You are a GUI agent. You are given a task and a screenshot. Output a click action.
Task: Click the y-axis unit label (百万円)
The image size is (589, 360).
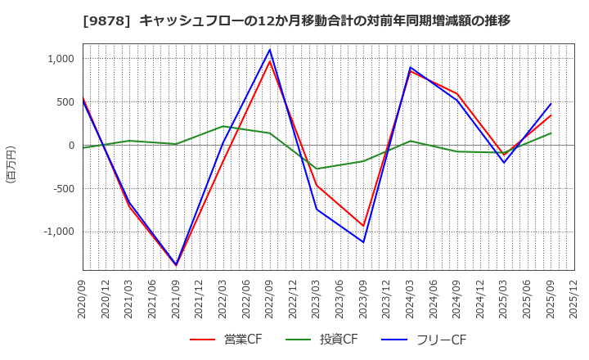click(x=11, y=164)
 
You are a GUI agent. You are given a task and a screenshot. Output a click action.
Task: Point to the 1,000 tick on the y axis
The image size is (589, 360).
click(x=61, y=59)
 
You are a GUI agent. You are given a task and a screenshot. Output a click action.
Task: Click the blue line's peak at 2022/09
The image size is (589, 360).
click(x=270, y=50)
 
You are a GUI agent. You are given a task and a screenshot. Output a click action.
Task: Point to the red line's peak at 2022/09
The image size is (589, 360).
click(x=270, y=61)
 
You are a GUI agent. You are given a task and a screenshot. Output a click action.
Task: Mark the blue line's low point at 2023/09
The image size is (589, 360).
click(x=364, y=242)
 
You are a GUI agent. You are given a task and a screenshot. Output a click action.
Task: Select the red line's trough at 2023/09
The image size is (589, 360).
click(x=364, y=226)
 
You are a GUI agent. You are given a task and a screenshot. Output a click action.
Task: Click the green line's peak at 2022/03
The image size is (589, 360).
click(x=223, y=126)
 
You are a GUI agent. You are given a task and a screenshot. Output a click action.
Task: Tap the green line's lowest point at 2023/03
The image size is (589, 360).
click(x=317, y=169)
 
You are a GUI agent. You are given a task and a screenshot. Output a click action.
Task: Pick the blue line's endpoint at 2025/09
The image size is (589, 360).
click(x=551, y=104)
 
